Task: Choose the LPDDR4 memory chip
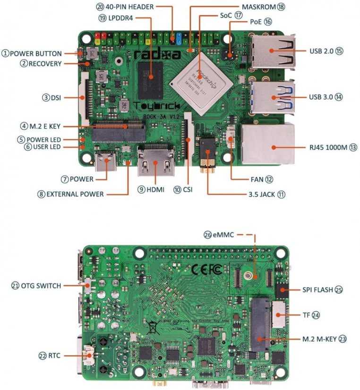[150, 76]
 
